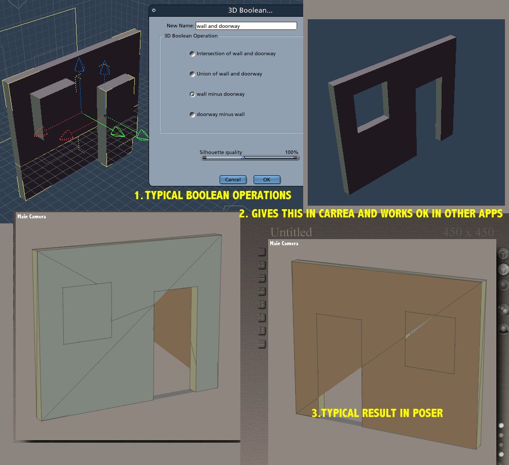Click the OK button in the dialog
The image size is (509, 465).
[x=267, y=179]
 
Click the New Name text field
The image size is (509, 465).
[x=246, y=26]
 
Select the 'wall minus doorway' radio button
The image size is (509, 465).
[x=192, y=94]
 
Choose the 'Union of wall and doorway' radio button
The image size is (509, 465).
[x=192, y=74]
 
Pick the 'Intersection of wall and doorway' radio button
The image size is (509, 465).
[x=192, y=54]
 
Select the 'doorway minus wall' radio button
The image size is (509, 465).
[x=192, y=114]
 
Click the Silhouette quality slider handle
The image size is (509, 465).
[x=243, y=158]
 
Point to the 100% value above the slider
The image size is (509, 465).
[x=292, y=152]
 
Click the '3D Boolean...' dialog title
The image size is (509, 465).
[x=250, y=10]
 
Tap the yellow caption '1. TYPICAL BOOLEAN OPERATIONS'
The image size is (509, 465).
[x=213, y=195]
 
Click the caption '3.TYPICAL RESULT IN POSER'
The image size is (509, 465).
[x=377, y=413]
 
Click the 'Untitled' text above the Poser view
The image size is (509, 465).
[x=291, y=232]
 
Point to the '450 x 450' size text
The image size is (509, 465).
[x=468, y=232]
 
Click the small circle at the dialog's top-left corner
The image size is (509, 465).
[x=154, y=10]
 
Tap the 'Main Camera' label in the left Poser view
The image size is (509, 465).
[x=31, y=217]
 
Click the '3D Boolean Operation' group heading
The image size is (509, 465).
[x=191, y=35]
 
